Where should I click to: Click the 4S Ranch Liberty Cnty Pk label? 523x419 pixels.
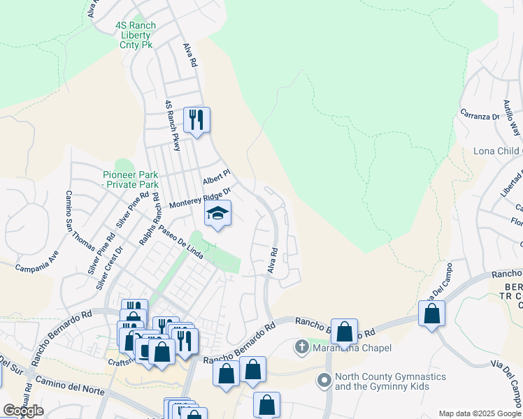135,35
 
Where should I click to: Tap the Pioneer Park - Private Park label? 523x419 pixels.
131,179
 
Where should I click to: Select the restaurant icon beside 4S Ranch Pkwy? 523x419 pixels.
196,120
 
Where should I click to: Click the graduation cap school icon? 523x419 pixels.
217,213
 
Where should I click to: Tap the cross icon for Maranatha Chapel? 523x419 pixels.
301,347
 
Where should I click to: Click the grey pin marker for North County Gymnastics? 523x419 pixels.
324,381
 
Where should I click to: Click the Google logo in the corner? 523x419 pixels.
23,411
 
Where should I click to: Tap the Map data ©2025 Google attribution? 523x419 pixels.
479,413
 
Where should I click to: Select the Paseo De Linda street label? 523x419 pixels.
180,242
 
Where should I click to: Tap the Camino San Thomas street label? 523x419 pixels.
81,221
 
